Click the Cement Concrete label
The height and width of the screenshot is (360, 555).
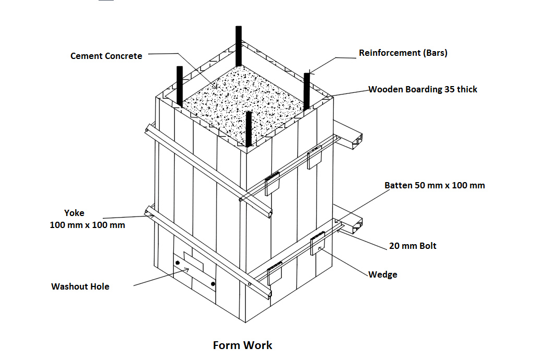tap(106, 56)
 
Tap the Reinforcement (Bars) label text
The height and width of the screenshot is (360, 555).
tap(403, 53)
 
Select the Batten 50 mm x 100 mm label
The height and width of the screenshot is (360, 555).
tap(435, 185)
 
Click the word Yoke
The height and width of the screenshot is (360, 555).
tap(74, 213)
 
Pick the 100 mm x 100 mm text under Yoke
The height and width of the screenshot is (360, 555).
tap(87, 225)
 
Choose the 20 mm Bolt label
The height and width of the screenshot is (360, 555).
tap(413, 246)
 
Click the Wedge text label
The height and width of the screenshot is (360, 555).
tap(382, 274)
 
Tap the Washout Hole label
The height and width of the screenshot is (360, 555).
tap(80, 286)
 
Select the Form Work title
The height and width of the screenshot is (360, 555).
tap(243, 345)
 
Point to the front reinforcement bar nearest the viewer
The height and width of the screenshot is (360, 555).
tap(249, 129)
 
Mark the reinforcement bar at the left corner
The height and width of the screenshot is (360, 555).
tap(179, 86)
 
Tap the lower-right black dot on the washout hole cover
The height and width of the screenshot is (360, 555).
tap(213, 284)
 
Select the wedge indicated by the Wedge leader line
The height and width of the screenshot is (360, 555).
tap(317, 245)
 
